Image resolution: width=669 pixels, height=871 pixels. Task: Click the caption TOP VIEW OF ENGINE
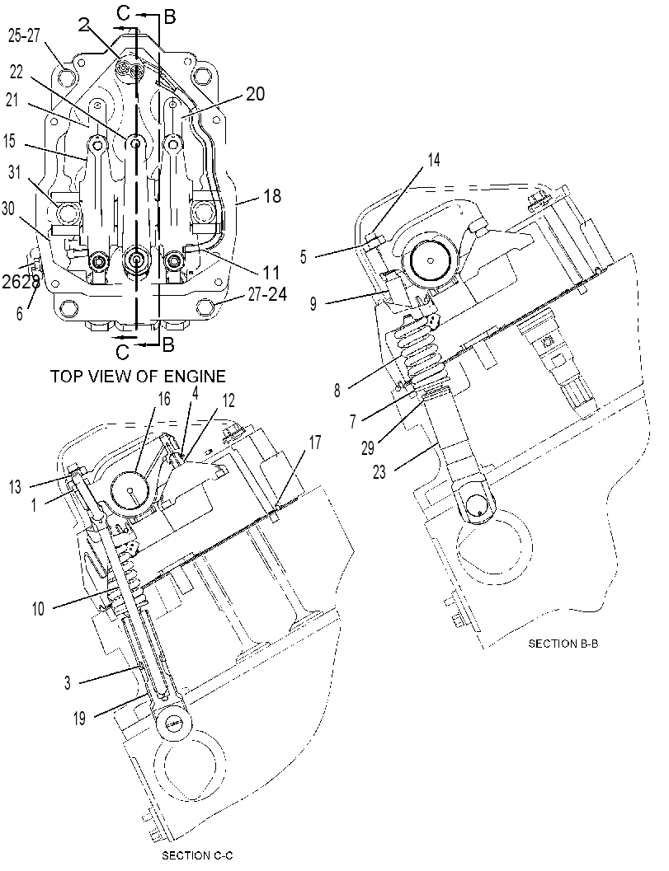[x=138, y=376]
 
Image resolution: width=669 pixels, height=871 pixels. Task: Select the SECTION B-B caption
[x=563, y=644]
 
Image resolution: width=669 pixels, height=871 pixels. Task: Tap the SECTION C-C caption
[x=197, y=855]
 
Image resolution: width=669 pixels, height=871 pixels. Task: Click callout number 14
[x=433, y=160]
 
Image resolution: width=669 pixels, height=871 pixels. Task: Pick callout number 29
[x=368, y=447]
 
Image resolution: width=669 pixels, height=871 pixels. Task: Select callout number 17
[x=315, y=443]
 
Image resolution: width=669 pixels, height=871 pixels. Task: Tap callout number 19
[x=79, y=719]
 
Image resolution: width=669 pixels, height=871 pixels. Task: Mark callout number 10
[x=38, y=608]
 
